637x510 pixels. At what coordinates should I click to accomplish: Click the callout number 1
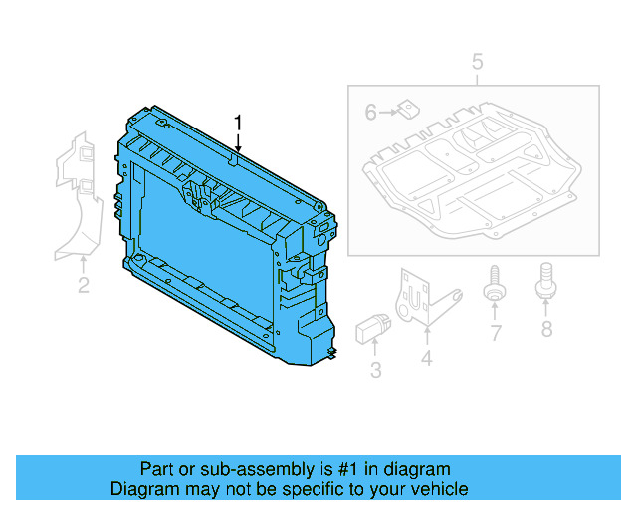coord(238,123)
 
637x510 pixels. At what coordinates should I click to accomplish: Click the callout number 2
coord(84,287)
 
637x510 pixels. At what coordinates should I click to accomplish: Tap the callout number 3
coord(375,371)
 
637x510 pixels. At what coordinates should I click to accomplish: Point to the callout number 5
coord(477,63)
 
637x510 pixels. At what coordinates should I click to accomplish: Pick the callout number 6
coord(370,113)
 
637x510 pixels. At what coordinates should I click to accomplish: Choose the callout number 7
coord(495,333)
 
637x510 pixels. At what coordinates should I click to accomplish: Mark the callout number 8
coord(545,329)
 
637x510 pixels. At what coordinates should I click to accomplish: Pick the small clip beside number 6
coord(407,111)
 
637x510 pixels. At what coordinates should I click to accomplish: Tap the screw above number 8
coord(545,280)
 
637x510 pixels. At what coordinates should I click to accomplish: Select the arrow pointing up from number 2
coord(84,265)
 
